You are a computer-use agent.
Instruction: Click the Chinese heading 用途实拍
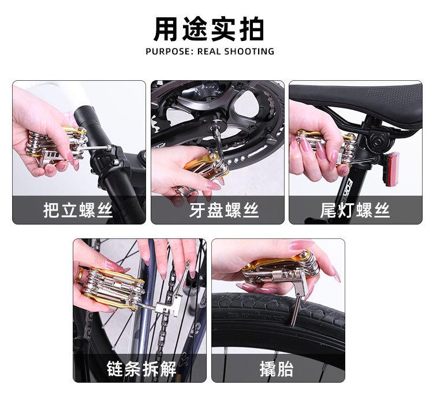[x=208, y=29]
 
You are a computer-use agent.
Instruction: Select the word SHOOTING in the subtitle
[x=249, y=51]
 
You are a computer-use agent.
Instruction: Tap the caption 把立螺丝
[x=78, y=210]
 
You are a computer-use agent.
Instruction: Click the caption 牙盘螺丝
[x=224, y=210]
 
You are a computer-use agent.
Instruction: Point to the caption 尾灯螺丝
[x=355, y=210]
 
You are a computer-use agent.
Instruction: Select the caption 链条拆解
[x=141, y=369]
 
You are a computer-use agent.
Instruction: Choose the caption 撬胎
[x=277, y=369]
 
